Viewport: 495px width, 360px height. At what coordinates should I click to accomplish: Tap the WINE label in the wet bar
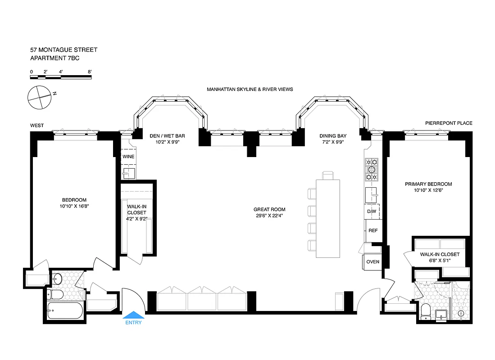[x=128, y=157]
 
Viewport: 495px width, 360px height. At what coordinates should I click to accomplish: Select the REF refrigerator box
[x=373, y=230]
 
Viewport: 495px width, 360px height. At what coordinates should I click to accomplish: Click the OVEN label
[x=373, y=261]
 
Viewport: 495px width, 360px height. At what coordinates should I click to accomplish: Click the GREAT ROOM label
[x=269, y=209]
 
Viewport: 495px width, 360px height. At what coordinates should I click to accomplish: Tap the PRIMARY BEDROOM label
[x=428, y=184]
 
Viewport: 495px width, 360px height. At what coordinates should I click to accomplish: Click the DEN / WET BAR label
[x=168, y=135]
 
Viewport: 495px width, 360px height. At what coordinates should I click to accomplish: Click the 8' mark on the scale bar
[x=90, y=72]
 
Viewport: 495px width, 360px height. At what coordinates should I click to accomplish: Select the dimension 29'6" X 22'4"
[x=269, y=216]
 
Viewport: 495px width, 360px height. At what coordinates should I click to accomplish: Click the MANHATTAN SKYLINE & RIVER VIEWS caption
[x=250, y=90]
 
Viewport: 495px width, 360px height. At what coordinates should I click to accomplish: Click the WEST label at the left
[x=37, y=126]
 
